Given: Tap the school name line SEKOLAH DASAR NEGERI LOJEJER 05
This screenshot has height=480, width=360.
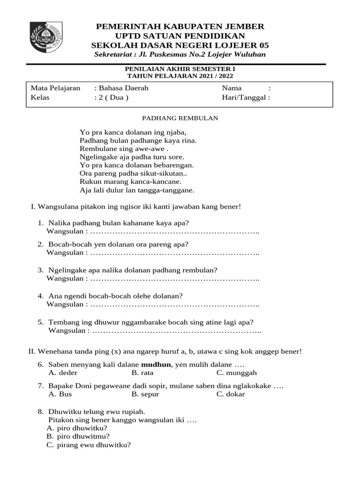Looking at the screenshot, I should click(x=180, y=45).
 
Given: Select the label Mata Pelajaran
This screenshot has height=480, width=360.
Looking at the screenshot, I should click(x=55, y=88).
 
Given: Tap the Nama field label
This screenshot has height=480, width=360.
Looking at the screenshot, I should click(x=232, y=88).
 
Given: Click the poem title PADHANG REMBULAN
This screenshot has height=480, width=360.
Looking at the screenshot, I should click(x=180, y=119).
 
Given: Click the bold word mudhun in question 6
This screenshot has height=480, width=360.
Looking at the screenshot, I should click(x=157, y=365).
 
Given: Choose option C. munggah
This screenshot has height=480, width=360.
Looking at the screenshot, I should click(x=236, y=373).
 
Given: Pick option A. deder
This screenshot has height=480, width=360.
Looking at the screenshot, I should click(x=63, y=373).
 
